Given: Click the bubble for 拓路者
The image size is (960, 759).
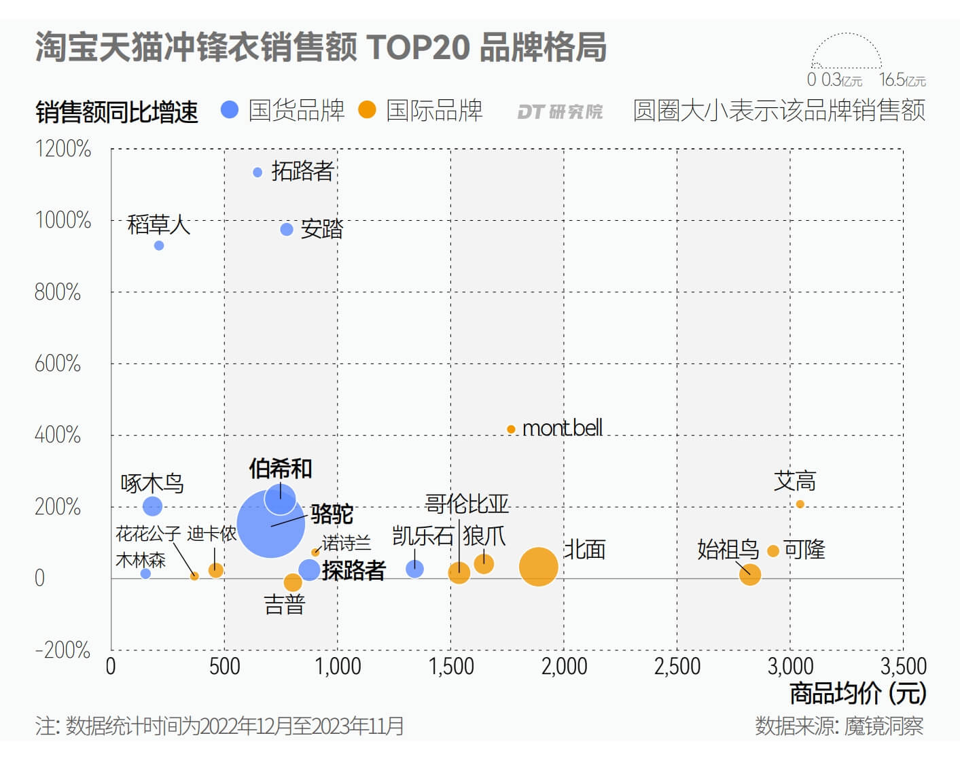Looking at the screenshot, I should pyautogui.click(x=257, y=173).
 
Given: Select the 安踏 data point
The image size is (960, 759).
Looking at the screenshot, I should pyautogui.click(x=287, y=230).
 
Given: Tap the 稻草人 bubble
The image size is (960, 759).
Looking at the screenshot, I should pyautogui.click(x=159, y=245).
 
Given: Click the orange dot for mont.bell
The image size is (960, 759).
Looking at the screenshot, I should pyautogui.click(x=511, y=429).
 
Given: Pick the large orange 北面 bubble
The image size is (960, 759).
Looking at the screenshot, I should pyautogui.click(x=538, y=567).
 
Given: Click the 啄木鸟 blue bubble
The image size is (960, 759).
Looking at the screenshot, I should pyautogui.click(x=153, y=506).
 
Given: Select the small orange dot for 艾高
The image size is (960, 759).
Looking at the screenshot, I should pyautogui.click(x=800, y=504).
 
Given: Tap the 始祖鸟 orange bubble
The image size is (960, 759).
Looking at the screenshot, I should pyautogui.click(x=750, y=574).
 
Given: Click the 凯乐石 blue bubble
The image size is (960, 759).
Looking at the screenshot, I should pyautogui.click(x=414, y=569).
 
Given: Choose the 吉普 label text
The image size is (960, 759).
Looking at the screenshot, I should pyautogui.click(x=285, y=605).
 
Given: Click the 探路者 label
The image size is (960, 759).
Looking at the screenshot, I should pyautogui.click(x=354, y=570).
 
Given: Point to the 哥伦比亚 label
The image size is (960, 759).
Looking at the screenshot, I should pyautogui.click(x=467, y=504).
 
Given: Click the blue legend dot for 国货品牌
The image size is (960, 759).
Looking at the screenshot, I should pyautogui.click(x=230, y=110).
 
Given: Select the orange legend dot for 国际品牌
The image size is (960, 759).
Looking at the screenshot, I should pyautogui.click(x=367, y=110).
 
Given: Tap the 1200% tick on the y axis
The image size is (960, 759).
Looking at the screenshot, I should pyautogui.click(x=63, y=149).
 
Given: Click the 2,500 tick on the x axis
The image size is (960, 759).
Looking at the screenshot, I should pyautogui.click(x=677, y=667).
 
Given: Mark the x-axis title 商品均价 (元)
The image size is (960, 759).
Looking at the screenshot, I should pyautogui.click(x=857, y=694).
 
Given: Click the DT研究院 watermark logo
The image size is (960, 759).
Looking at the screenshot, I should pyautogui.click(x=560, y=111).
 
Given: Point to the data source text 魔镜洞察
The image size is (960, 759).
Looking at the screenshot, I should pyautogui.click(x=883, y=726).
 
